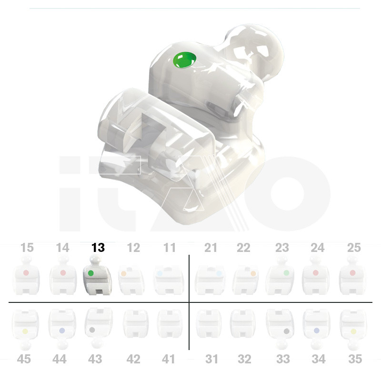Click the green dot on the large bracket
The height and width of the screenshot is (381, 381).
pos(184,60)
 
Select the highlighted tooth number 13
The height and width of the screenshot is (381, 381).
pos(98,248)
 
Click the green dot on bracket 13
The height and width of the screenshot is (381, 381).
pos(90,273)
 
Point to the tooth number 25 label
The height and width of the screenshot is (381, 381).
pos(354,248)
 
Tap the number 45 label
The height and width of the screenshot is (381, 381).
pos(24,359)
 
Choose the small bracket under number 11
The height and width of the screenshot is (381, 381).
pos(169,280)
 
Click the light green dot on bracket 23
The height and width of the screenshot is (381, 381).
pos(287,273)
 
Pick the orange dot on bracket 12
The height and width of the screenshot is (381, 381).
pos(123,273)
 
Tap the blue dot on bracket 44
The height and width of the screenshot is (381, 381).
pos(62,331)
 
